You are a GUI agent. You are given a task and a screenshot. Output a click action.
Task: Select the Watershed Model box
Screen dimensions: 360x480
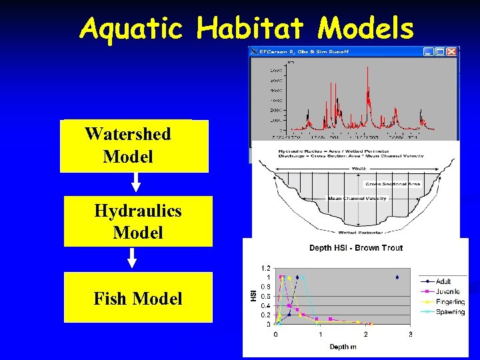(x=134, y=146)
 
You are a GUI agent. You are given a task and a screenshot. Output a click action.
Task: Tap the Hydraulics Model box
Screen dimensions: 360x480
(x=138, y=221)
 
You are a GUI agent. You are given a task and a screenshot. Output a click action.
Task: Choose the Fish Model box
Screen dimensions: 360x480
(x=138, y=298)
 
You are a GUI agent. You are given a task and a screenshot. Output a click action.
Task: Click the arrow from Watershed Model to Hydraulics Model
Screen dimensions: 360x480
(x=135, y=183)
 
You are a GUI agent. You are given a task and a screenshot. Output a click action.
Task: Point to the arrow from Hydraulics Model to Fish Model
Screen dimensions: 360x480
(x=132, y=259)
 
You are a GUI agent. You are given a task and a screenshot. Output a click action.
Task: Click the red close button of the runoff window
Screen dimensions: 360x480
(x=453, y=51)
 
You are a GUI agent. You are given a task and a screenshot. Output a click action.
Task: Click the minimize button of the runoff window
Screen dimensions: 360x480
(x=427, y=51)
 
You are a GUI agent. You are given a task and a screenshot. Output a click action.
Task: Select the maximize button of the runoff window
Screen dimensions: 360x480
(x=440, y=51)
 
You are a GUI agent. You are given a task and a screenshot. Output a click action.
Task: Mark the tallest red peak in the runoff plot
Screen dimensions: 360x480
(x=331, y=67)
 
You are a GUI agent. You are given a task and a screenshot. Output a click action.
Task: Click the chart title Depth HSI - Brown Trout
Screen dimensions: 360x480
(x=356, y=248)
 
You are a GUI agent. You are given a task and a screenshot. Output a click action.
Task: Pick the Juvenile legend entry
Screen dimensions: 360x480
(x=447, y=291)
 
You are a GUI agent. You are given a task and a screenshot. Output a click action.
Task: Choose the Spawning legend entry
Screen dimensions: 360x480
(x=449, y=312)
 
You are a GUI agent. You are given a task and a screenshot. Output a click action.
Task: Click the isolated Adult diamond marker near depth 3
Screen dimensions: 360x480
(x=397, y=277)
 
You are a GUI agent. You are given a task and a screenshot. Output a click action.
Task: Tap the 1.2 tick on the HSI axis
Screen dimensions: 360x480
(x=265, y=268)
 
